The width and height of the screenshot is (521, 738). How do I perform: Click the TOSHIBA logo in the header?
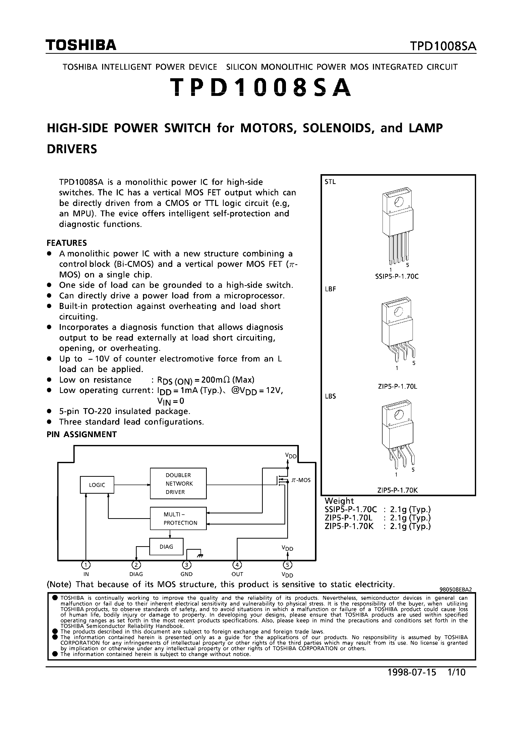[x=81, y=45]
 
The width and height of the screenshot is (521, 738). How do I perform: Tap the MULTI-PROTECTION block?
[x=178, y=518]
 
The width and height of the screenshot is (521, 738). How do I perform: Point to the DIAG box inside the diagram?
[x=166, y=546]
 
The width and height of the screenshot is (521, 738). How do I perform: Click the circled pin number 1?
[x=86, y=565]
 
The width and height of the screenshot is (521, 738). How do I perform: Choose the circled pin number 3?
[x=187, y=565]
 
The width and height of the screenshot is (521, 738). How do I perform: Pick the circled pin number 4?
[x=237, y=565]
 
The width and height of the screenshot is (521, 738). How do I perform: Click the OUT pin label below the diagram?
[x=237, y=574]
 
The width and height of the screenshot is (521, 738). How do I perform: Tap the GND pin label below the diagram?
[x=187, y=574]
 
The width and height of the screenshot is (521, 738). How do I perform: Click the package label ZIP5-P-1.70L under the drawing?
[x=397, y=386]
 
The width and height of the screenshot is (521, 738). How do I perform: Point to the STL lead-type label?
[x=330, y=182]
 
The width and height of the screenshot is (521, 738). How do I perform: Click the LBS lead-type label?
[x=330, y=396]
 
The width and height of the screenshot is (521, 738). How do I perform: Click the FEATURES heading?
[x=67, y=243]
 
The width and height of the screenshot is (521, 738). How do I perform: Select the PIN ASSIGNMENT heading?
[x=82, y=434]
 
